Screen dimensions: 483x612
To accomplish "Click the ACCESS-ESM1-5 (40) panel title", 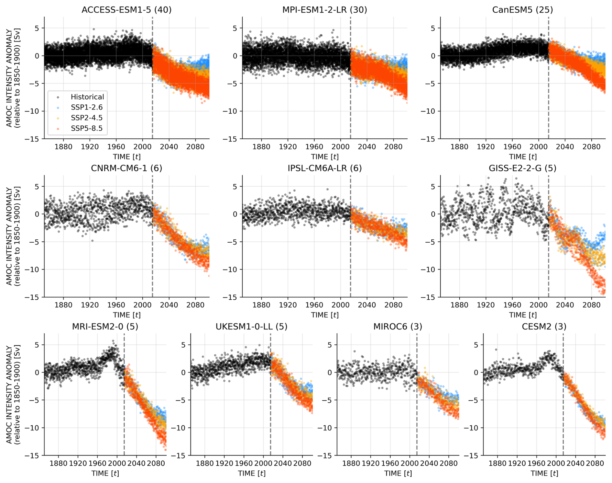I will [x=126, y=10].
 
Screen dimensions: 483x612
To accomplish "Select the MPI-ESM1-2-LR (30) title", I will [x=324, y=10].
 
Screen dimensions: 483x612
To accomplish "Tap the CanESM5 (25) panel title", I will [x=522, y=10].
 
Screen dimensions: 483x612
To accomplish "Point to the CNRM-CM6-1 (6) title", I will [x=126, y=168].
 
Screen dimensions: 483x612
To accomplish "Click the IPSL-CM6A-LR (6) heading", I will [x=324, y=168].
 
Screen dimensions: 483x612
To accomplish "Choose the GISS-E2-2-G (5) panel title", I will [x=522, y=168].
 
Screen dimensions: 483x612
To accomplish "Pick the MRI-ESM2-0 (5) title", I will [x=105, y=327].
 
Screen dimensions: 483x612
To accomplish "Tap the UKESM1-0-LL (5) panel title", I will [x=251, y=327].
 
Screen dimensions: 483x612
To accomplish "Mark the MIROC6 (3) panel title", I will [x=398, y=327].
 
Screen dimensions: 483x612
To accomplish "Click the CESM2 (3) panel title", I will [x=544, y=327].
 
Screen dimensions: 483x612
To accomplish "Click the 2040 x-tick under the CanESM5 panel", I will [x=565, y=147].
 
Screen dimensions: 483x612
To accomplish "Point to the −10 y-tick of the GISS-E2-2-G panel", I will [x=429, y=270].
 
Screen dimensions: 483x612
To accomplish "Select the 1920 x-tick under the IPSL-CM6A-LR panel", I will [x=288, y=305].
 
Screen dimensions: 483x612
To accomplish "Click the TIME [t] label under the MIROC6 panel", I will [x=398, y=473].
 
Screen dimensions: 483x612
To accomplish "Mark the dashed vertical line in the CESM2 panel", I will [x=563, y=405].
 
